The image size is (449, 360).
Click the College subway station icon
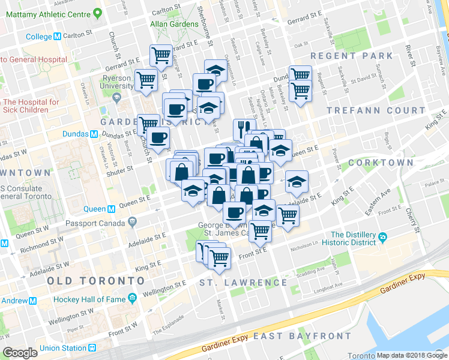coord(58,37)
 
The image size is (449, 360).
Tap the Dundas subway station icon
coord(94,134)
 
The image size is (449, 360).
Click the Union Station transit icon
coord(92,348)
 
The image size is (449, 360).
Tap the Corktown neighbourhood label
coord(388,163)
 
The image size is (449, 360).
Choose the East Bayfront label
coord(302,335)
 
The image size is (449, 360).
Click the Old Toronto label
coord(95,281)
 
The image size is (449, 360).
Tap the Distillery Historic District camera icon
coord(382,239)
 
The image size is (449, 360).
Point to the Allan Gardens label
coord(175,25)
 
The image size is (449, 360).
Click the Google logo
coord(20,352)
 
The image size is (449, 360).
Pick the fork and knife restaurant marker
coord(243,127)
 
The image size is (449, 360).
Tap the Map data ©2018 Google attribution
coord(412,355)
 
